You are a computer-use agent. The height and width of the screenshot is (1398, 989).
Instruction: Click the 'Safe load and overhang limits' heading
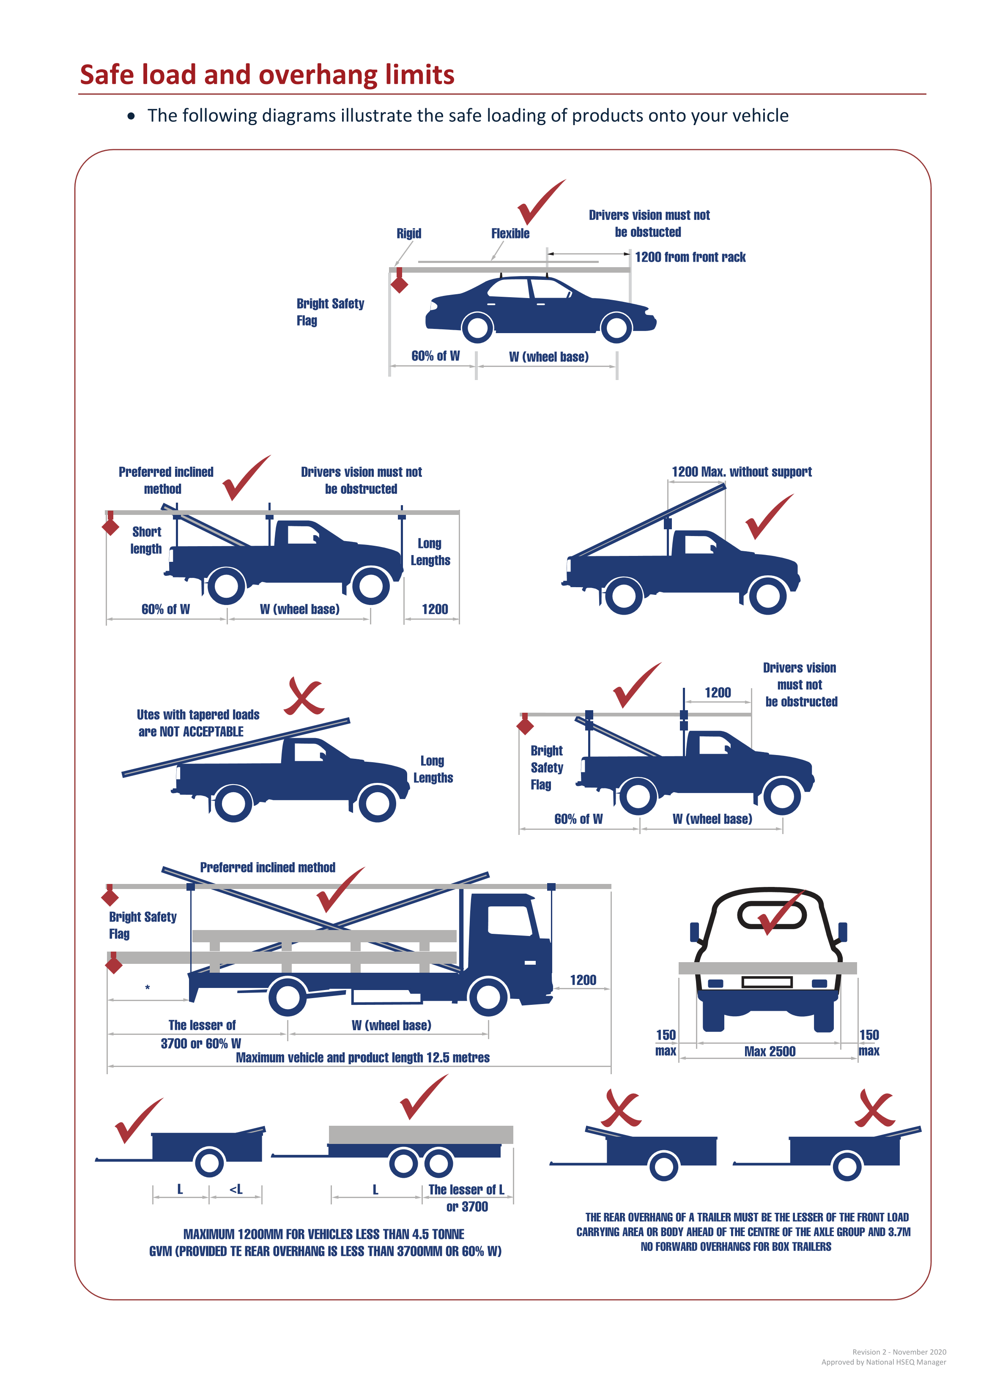[x=267, y=75]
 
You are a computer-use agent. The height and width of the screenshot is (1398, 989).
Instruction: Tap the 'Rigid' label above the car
[x=408, y=233]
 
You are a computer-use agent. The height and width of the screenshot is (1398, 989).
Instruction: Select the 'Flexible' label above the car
[x=510, y=233]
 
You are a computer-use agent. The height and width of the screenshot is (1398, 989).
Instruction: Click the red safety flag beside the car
[x=400, y=284]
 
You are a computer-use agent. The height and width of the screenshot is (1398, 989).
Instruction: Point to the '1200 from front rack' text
[x=690, y=257]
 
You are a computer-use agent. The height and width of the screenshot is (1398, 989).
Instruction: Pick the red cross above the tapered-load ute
[x=304, y=695]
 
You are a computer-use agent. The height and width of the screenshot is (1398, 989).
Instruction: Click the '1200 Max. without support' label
[x=741, y=472]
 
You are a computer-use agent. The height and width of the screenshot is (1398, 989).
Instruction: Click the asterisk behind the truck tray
[x=148, y=988]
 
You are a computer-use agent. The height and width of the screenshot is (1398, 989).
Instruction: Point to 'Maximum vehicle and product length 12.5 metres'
[x=362, y=1058]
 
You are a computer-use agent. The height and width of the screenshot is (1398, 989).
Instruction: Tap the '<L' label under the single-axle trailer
[x=236, y=1189]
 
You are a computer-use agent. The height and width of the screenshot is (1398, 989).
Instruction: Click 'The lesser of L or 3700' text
[x=466, y=1198]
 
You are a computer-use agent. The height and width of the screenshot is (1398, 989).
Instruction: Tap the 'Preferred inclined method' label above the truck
[x=267, y=867]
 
